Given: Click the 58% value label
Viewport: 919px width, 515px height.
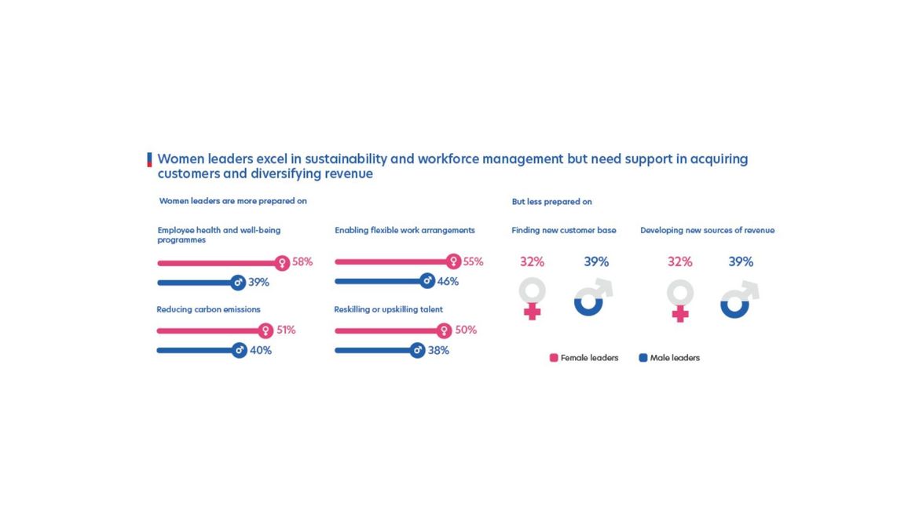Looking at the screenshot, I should [302, 262].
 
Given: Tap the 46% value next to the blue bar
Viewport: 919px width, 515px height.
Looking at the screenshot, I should [448, 281].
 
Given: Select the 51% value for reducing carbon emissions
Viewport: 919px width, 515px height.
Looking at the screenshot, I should [286, 331].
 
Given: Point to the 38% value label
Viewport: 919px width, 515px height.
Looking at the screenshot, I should [438, 351].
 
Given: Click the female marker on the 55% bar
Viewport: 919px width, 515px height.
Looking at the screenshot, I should [453, 261].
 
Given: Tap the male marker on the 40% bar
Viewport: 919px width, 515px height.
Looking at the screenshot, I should [240, 350].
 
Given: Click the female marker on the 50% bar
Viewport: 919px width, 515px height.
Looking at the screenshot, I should [444, 331].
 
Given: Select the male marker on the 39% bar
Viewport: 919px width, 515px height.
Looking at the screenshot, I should [238, 282].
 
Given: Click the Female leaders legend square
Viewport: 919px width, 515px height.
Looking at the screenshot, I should [554, 358].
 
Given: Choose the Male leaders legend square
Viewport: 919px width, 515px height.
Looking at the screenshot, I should [643, 358].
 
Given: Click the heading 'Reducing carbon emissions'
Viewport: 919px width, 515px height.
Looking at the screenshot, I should [208, 309].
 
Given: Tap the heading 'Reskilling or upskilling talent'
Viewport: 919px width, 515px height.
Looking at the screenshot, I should [388, 309].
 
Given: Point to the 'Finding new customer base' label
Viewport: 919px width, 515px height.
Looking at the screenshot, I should [563, 231].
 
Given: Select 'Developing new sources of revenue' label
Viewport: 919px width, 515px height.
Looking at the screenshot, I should [707, 231].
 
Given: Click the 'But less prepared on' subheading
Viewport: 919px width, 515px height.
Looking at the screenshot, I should [551, 202].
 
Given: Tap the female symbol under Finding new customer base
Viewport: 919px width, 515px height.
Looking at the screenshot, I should [532, 299].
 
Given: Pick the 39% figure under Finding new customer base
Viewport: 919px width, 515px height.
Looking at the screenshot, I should [596, 262].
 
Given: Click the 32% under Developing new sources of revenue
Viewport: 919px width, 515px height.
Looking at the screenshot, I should [679, 262].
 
